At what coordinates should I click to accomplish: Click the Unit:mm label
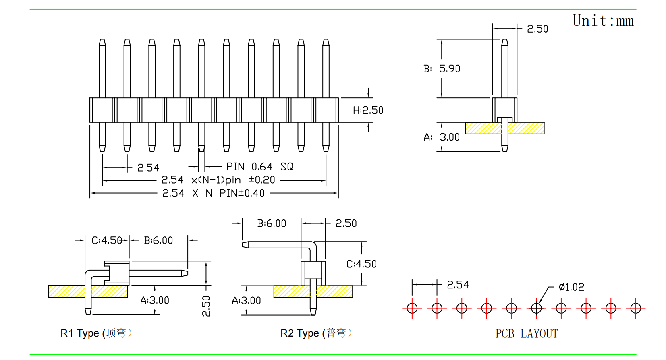(x=603, y=21)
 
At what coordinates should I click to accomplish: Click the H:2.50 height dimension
(x=368, y=110)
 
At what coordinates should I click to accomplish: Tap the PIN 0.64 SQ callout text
(x=259, y=166)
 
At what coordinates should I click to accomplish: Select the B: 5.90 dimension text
(x=442, y=69)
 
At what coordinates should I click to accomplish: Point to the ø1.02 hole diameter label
(x=571, y=287)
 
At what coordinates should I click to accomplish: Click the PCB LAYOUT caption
(x=527, y=333)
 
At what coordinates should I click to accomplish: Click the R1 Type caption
(x=96, y=333)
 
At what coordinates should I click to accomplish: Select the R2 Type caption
(x=316, y=333)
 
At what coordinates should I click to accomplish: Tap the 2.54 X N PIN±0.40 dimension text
(x=213, y=193)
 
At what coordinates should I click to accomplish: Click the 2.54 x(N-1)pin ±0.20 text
(x=218, y=180)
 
